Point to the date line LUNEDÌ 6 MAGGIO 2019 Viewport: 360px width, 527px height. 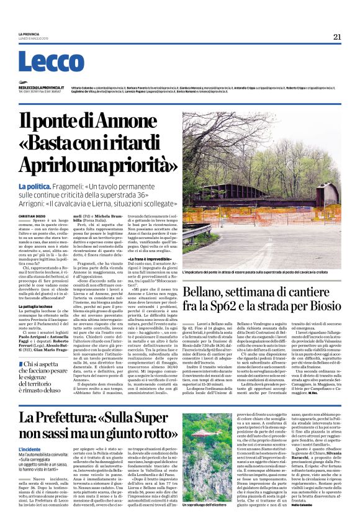31,38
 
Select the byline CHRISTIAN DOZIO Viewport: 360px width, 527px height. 31,215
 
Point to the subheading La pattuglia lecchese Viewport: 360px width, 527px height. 38,307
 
